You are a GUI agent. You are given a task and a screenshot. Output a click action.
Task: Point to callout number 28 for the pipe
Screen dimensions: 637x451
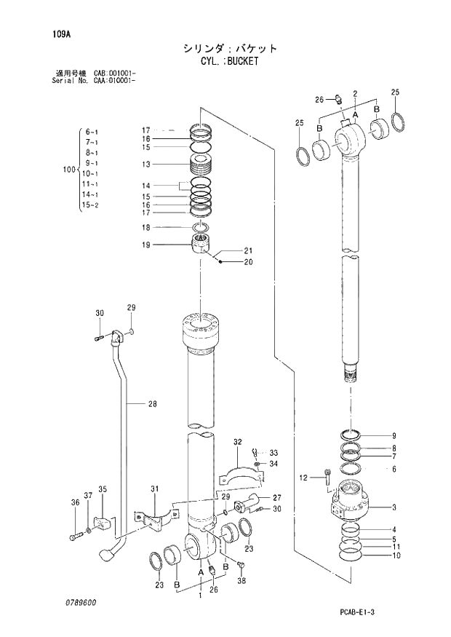152,404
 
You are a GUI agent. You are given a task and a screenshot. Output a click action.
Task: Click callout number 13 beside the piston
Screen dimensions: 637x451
145,165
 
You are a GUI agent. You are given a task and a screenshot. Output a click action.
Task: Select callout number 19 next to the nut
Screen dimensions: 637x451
145,245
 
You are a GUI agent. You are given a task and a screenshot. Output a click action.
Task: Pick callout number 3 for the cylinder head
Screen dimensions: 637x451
394,507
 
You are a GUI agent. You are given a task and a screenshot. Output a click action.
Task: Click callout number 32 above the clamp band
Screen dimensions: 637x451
237,442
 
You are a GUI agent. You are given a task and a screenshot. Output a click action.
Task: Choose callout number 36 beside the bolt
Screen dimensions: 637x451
74,502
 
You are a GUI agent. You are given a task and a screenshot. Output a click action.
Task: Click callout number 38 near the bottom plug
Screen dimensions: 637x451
242,582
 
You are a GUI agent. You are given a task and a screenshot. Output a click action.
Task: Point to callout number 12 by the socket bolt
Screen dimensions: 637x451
304,478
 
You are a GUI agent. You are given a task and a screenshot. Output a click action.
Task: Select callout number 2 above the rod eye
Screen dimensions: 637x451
354,93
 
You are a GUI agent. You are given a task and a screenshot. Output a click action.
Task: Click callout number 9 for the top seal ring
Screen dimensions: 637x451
394,436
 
